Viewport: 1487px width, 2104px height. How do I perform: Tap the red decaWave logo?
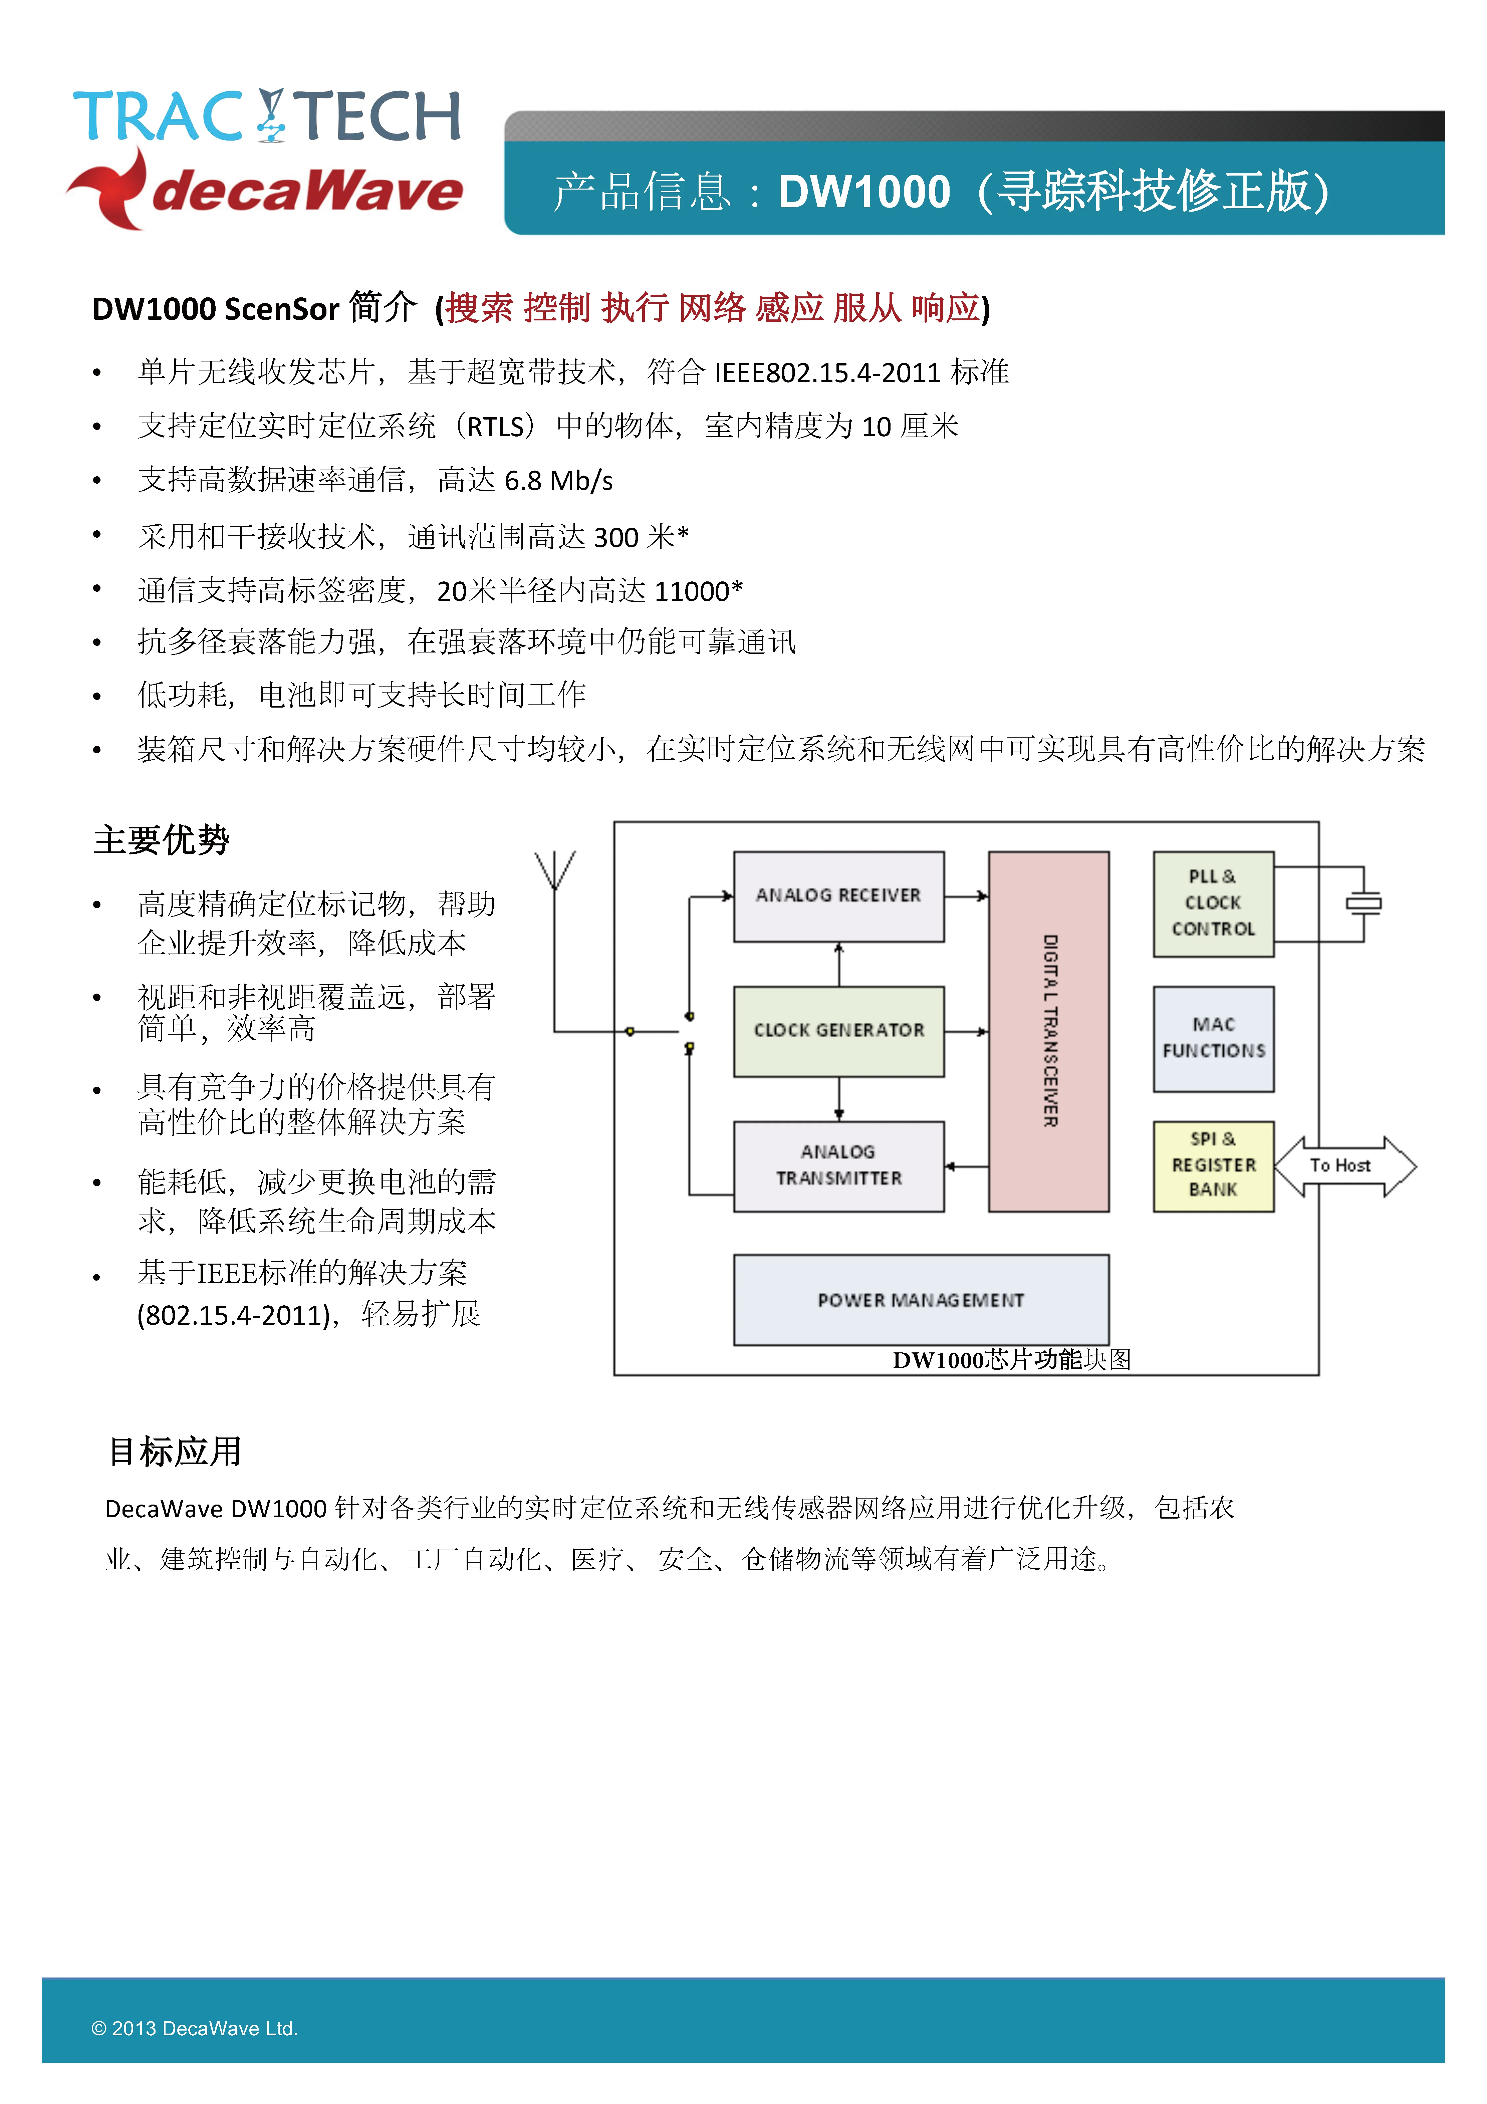(266, 190)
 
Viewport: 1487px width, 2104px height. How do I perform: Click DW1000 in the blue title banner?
(864, 193)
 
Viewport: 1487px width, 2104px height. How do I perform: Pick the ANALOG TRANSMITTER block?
(838, 1165)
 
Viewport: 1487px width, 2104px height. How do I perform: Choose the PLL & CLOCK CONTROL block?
(1213, 903)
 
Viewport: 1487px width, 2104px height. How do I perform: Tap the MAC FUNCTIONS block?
(1213, 1038)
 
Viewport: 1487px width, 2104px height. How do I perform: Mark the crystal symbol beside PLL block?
(1363, 903)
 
